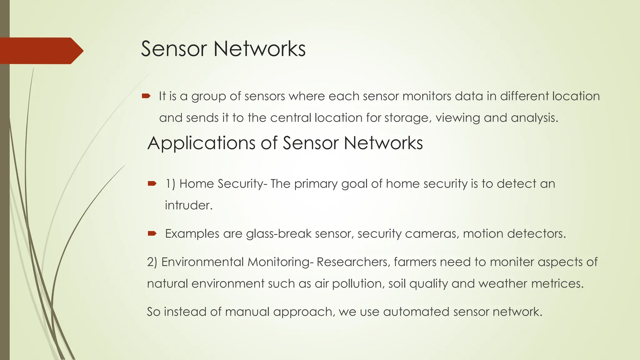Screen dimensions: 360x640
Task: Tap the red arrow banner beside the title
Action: [41, 51]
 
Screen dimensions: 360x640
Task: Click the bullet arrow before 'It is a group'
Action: [146, 96]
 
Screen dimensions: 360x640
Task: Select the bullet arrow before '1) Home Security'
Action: [152, 183]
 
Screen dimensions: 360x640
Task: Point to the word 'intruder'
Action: [188, 205]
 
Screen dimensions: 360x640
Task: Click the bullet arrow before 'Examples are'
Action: [152, 233]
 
